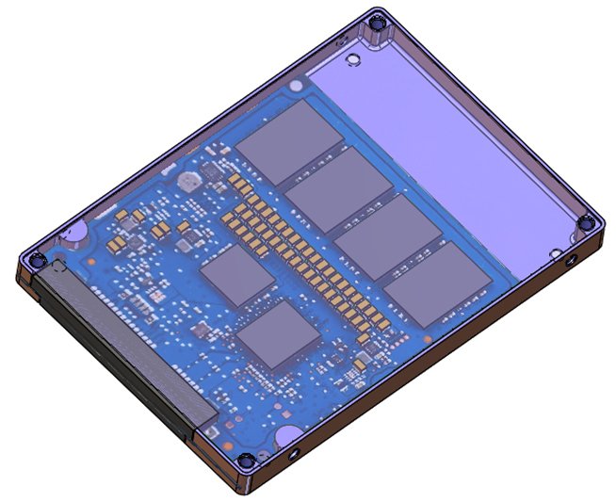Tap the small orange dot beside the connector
tap(93, 257)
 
